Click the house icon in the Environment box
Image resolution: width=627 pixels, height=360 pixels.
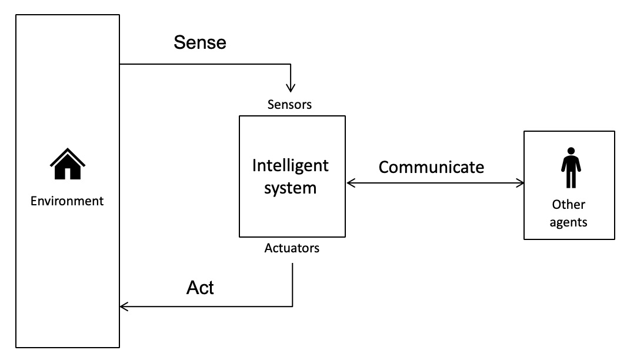[67, 164]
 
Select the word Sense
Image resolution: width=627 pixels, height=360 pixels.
[200, 43]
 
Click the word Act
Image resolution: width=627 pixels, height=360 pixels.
[200, 288]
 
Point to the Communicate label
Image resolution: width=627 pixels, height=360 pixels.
[431, 167]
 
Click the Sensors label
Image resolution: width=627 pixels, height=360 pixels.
[289, 105]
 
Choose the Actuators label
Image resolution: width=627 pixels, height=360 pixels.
[292, 248]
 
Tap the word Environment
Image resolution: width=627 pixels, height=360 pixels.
[67, 201]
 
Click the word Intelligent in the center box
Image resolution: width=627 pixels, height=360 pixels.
[291, 165]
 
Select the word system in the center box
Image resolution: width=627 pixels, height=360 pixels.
[290, 188]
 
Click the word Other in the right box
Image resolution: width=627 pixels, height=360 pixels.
[569, 205]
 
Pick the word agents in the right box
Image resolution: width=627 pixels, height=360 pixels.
[569, 222]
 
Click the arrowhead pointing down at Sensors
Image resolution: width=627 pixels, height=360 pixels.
[290, 88]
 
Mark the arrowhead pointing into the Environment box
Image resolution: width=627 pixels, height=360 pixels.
[124, 306]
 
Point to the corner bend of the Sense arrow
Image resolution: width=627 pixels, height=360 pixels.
[290, 64]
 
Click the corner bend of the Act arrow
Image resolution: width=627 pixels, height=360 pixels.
[292, 306]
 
